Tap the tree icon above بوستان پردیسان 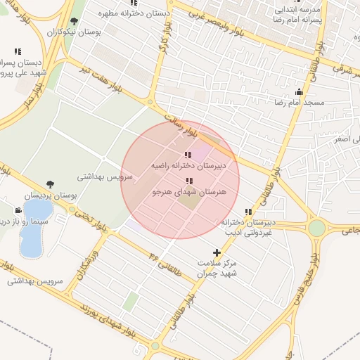[x=49, y=184]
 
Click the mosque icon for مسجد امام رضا [x=300, y=91]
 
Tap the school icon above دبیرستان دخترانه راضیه [x=187, y=155]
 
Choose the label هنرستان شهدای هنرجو [x=187, y=191]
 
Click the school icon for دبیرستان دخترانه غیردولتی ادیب [x=247, y=212]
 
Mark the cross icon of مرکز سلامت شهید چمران [x=216, y=252]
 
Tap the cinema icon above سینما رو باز [x=18, y=210]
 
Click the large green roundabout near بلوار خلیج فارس [x=317, y=228]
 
